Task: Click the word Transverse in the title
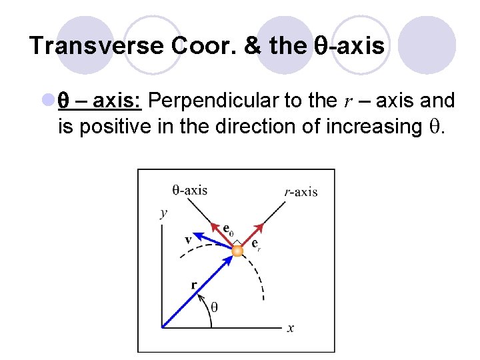point(96,46)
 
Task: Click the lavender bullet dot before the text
point(48,101)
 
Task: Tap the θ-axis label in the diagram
point(190,190)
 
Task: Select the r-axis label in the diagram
point(301,192)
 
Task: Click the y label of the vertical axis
point(163,213)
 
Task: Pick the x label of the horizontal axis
point(291,327)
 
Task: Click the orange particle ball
point(237,251)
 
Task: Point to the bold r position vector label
point(194,285)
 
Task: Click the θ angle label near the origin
point(214,307)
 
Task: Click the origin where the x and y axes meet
point(163,327)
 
